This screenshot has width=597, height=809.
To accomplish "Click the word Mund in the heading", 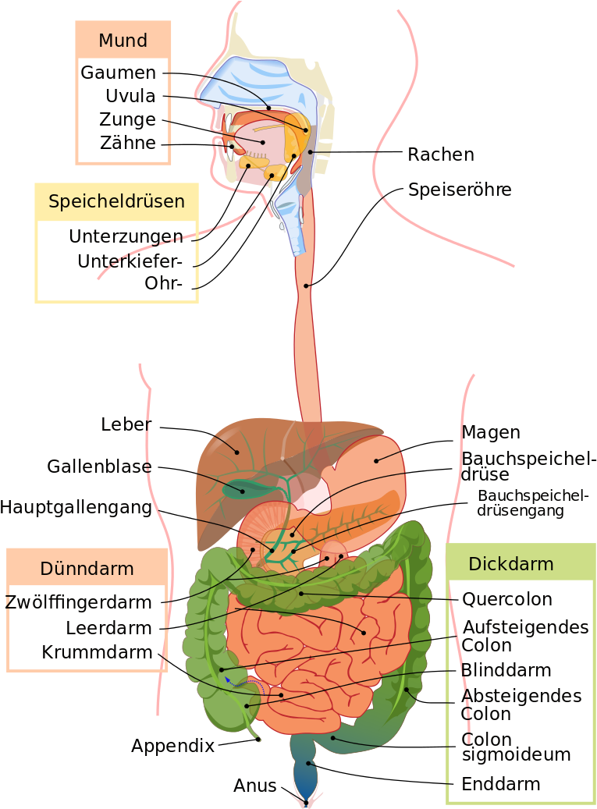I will click(123, 41).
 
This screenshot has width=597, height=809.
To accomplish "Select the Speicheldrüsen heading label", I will click(116, 201).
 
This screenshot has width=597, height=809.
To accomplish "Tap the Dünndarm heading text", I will click(87, 569).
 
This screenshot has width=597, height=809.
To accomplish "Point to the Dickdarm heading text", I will click(511, 564).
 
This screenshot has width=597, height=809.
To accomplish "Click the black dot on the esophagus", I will click(307, 286).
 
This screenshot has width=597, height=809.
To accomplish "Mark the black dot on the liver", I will click(237, 452).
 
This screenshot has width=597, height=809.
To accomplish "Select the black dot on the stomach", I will click(375, 460).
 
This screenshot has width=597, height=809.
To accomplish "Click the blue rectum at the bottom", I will click(306, 772).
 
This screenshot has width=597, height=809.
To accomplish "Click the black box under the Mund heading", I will click(123, 109).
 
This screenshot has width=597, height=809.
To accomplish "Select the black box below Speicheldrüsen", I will click(116, 261).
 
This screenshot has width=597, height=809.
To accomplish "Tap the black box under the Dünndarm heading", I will click(87, 627).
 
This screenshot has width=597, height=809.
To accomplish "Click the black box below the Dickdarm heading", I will click(521, 690).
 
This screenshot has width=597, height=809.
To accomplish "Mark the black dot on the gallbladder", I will click(242, 491).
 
